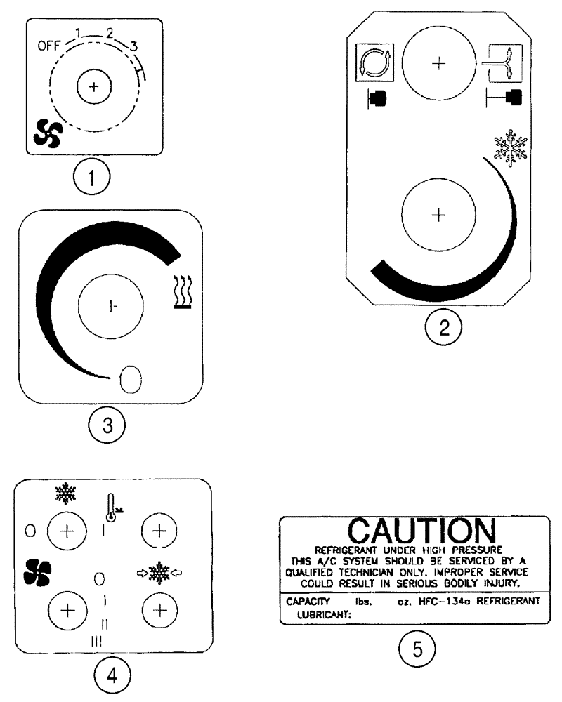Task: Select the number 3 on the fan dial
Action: point(134,47)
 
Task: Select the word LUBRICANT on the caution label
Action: point(318,614)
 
